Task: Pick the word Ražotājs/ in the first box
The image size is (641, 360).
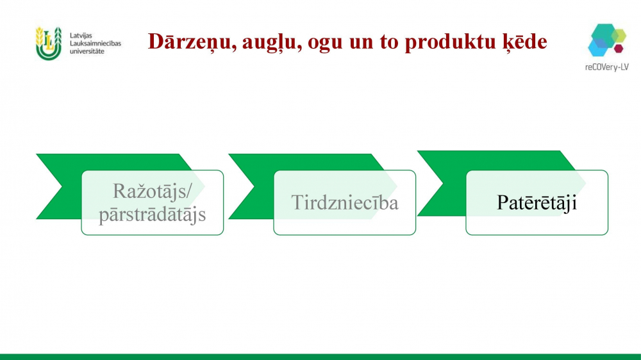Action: coord(152,191)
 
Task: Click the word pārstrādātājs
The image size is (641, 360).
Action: coord(152,214)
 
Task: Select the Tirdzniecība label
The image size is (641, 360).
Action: coord(345,202)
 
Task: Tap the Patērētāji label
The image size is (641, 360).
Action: coord(537,202)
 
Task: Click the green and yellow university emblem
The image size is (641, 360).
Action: coord(49,44)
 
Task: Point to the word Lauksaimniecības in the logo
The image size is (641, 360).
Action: coord(96,44)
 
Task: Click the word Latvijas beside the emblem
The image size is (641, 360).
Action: coord(81,35)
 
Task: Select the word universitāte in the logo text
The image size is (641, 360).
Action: coord(87,51)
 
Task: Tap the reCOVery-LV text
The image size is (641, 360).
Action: coord(606,67)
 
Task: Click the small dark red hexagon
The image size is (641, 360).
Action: coord(619,49)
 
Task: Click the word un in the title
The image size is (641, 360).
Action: coord(362,44)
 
